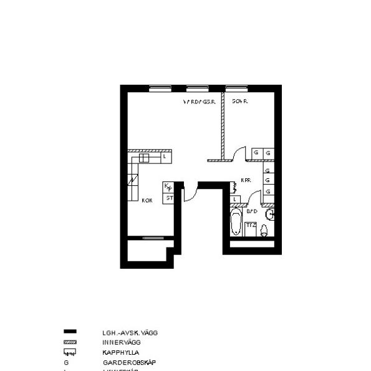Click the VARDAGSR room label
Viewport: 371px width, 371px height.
(x=199, y=101)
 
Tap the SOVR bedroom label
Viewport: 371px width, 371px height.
(x=239, y=101)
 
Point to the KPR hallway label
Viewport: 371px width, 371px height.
(x=245, y=181)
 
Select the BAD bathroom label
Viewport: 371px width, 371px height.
(x=252, y=211)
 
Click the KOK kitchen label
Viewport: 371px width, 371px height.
(x=147, y=201)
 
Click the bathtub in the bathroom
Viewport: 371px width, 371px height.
(x=236, y=223)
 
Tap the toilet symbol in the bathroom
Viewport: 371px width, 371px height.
(x=264, y=231)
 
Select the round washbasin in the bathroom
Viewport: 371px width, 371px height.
(x=270, y=215)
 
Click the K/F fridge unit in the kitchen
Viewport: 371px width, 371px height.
(x=168, y=186)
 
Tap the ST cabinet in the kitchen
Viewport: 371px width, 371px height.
(x=168, y=198)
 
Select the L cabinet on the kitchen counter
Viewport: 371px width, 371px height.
(x=164, y=157)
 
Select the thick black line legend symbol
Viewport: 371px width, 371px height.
(x=70, y=333)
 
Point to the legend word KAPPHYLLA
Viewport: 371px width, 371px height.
(x=121, y=352)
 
